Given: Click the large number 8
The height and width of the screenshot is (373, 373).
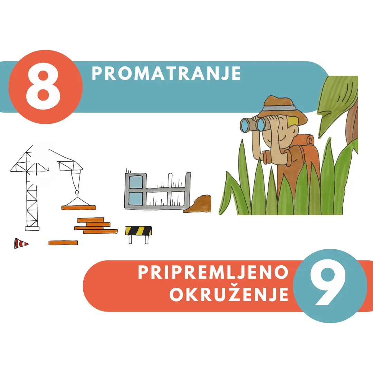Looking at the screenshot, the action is (43, 87).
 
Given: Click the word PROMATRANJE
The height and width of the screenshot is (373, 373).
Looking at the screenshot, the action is (166, 73).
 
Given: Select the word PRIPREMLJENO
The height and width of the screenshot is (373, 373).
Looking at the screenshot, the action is (213, 272).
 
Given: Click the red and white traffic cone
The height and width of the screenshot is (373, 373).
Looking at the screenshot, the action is (21, 243).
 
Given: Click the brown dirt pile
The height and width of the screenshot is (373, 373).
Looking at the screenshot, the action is (198, 204).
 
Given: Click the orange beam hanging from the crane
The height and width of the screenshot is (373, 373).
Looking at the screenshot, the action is (78, 208).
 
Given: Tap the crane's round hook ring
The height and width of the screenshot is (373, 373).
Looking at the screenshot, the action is (77, 192).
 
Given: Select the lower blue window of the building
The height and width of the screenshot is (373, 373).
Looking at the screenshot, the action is (136, 199).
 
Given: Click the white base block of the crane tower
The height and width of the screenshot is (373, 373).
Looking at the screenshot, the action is (32, 229).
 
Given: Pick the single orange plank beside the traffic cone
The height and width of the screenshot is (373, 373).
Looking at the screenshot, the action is (63, 243).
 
